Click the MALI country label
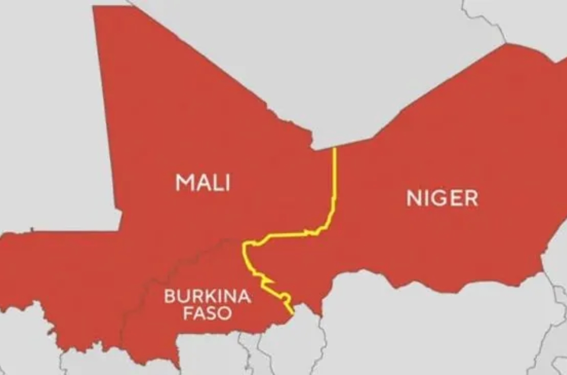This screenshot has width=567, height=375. pyautogui.click(x=203, y=182)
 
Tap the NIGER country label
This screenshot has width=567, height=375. pyautogui.click(x=442, y=198)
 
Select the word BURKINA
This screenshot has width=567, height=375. pyautogui.click(x=207, y=296)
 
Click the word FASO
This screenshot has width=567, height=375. pyautogui.click(x=207, y=313)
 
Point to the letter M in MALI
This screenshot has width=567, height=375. pyautogui.click(x=183, y=182)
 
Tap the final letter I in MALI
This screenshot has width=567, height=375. pyautogui.click(x=228, y=182)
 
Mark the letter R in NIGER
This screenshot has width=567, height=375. pyautogui.click(x=472, y=198)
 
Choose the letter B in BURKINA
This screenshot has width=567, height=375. pyautogui.click(x=169, y=296)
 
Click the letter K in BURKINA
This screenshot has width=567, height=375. pyautogui.click(x=206, y=296)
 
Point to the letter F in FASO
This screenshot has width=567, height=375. pyautogui.click(x=187, y=313)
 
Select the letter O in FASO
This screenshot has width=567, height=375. pyautogui.click(x=225, y=313)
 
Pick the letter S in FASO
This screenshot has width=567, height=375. pyautogui.click(x=211, y=313)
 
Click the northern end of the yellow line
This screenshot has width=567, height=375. pyautogui.click(x=334, y=149)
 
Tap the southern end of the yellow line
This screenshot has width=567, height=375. pyautogui.click(x=293, y=314)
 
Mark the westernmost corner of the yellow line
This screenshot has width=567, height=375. pyautogui.click(x=243, y=244)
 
